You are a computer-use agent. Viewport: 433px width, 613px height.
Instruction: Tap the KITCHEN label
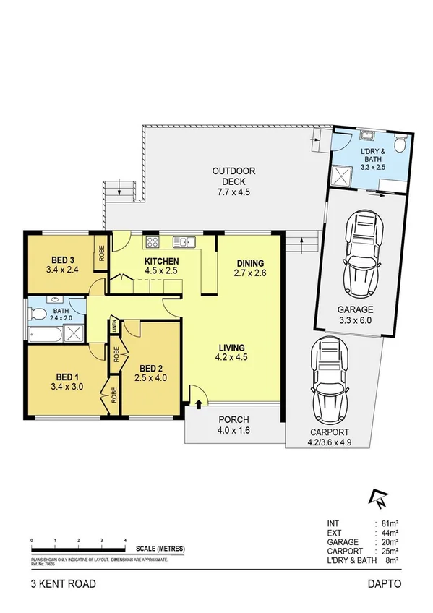click(161, 262)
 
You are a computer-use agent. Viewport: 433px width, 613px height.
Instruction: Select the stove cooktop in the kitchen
click(153, 242)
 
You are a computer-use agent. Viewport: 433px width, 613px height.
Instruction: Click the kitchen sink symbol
click(182, 242)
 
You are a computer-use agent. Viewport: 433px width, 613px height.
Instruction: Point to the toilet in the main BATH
click(37, 314)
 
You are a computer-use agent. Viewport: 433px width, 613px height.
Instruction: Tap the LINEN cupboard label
click(114, 328)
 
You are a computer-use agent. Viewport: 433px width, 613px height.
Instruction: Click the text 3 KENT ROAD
click(62, 583)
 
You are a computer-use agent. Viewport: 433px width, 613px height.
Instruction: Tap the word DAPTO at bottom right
click(383, 583)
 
